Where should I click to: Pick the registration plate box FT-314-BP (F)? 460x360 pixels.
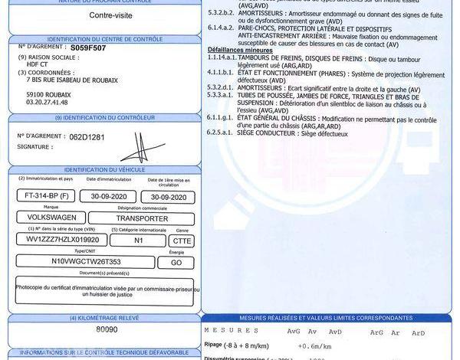pos(47,196)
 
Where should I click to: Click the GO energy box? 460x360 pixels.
pos(176,261)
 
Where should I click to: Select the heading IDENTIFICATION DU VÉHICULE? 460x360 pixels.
pos(102,169)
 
